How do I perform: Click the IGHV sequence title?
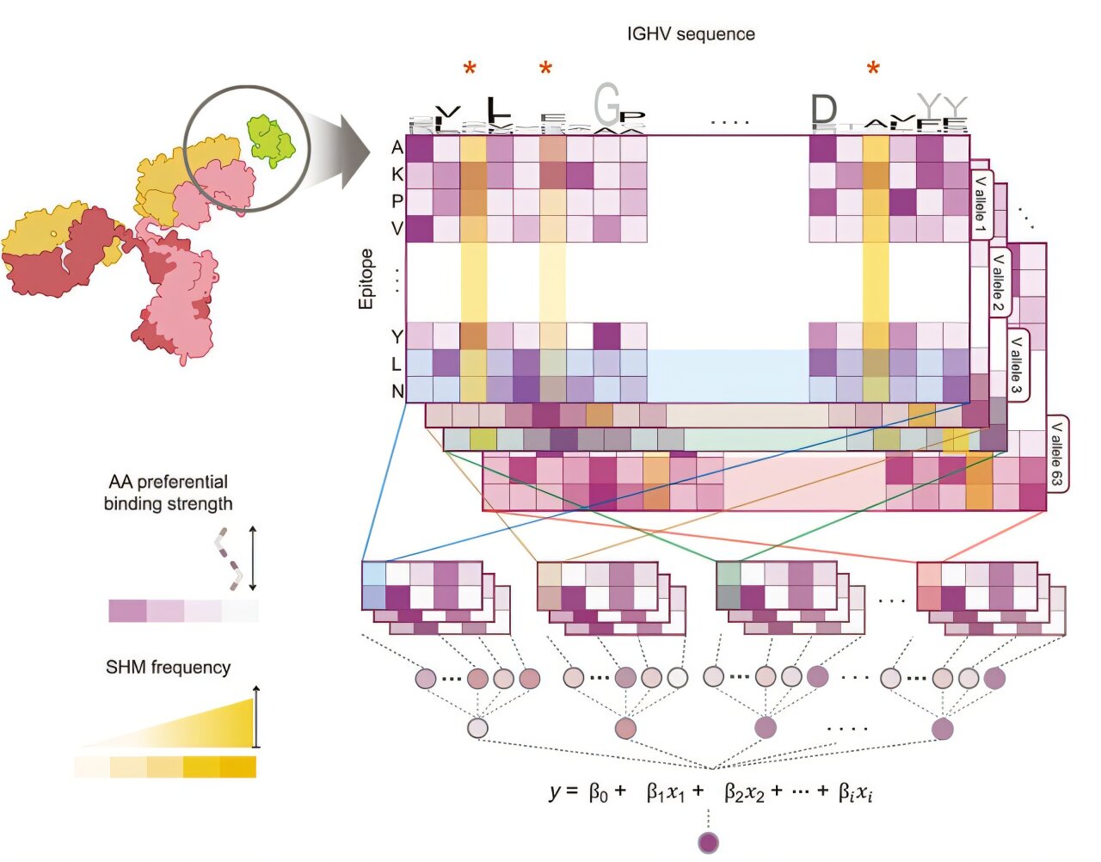(691, 34)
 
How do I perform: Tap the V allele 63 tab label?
(1056, 454)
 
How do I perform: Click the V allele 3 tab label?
(1017, 366)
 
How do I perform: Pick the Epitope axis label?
(367, 279)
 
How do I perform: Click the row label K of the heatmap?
(397, 175)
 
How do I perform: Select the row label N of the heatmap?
(397, 391)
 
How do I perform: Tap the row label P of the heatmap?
(397, 201)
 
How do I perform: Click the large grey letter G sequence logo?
(606, 105)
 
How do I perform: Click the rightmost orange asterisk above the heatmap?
(873, 70)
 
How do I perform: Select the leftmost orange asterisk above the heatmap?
(470, 70)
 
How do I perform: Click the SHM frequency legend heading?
(168, 668)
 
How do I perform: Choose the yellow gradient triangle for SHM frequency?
(215, 727)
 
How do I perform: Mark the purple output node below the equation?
(708, 842)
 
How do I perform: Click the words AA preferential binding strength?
(168, 493)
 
